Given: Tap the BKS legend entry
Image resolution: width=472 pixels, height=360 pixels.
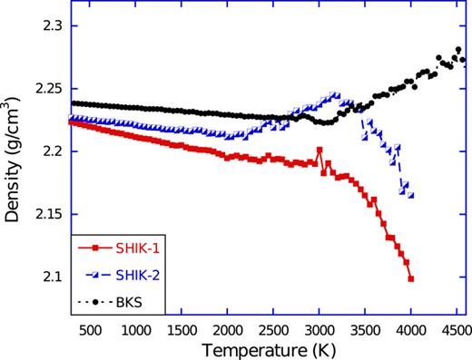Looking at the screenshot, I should click(122, 298).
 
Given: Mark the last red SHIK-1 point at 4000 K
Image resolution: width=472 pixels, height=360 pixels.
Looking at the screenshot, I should click(411, 279).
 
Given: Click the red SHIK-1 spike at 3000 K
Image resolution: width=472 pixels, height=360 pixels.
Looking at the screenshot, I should click(320, 150).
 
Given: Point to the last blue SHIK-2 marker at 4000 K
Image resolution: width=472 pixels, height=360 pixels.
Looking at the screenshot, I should click(411, 195).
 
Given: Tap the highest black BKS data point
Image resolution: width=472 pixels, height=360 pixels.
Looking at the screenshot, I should click(458, 50).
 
